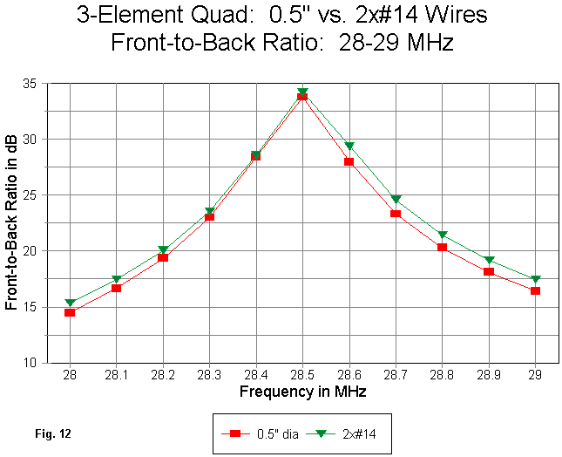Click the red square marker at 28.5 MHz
[302, 96]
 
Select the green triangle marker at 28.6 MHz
[349, 147]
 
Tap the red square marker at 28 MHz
[70, 312]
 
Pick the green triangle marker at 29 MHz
[535, 280]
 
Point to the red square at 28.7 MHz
[395, 213]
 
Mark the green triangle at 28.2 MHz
[163, 250]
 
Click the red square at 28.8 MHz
[442, 247]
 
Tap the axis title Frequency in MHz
[302, 392]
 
